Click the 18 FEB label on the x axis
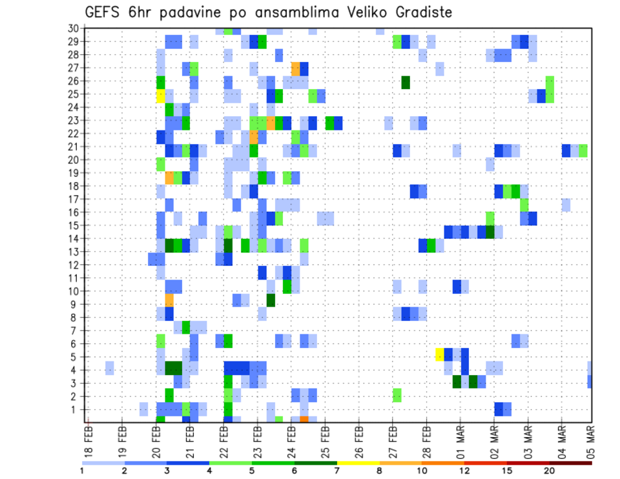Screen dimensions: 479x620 [x=89, y=440]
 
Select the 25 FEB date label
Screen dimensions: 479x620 [x=325, y=440]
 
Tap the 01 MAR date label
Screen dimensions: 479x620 [x=460, y=440]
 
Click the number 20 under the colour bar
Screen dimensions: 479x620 [x=549, y=470]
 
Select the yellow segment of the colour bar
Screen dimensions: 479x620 [x=358, y=463]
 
